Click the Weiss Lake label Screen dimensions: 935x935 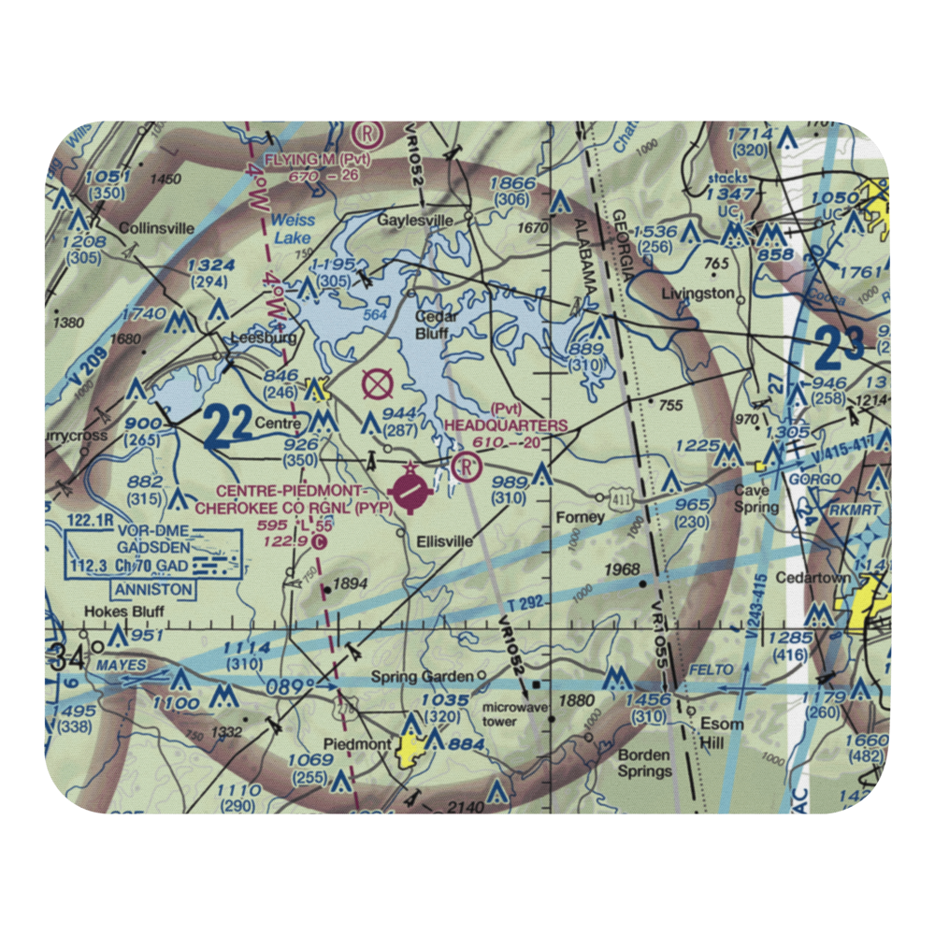pyautogui.click(x=294, y=230)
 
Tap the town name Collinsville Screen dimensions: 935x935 pyautogui.click(x=157, y=227)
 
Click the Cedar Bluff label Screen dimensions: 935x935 pyautogui.click(x=436, y=324)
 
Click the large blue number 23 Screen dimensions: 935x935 pyautogui.click(x=839, y=349)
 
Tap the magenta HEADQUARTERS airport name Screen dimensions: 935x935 pyautogui.click(x=506, y=425)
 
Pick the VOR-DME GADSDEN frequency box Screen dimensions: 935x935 pyautogui.click(x=155, y=554)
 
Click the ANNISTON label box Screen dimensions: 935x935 pyautogui.click(x=153, y=590)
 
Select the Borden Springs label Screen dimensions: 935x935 pyautogui.click(x=644, y=763)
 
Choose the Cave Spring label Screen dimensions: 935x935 pyautogui.click(x=752, y=497)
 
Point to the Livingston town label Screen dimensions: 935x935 pyautogui.click(x=698, y=293)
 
